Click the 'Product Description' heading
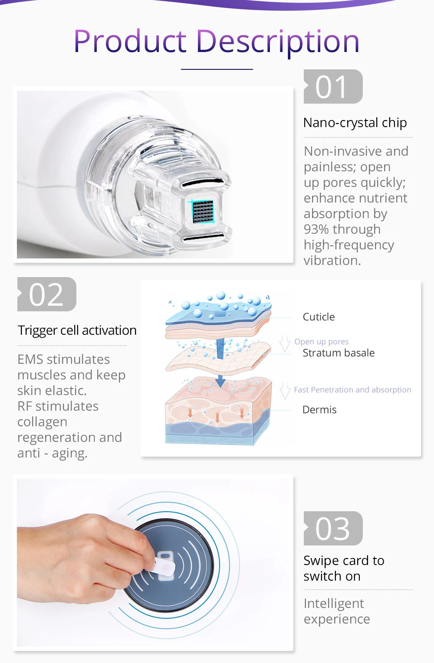[x=217, y=42]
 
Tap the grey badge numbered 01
[x=333, y=86]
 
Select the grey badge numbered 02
[x=47, y=294]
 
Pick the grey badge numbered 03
[x=333, y=528]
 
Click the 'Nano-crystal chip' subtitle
[x=355, y=123]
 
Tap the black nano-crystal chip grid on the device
[x=203, y=212]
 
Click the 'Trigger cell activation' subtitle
[x=77, y=330]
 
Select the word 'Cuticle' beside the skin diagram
[x=319, y=317]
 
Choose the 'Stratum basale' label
[x=339, y=353]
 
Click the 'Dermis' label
[x=319, y=410]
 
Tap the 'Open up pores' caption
[x=322, y=342]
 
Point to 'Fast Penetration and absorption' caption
[x=352, y=390]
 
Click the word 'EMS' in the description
[x=30, y=359]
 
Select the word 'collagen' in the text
[x=43, y=422]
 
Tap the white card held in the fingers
[x=165, y=566]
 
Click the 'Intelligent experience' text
[x=337, y=611]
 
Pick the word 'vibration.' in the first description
[x=332, y=261]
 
